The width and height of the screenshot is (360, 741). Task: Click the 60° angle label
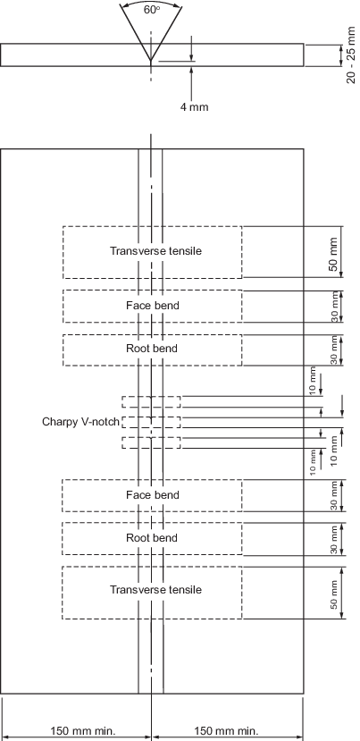pos(152,10)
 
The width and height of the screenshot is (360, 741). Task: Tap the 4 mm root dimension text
pos(194,106)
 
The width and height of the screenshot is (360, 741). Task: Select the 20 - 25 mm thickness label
pos(350,55)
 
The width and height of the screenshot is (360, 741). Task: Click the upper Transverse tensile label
pos(155,250)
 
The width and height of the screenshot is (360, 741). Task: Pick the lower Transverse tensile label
pos(155,590)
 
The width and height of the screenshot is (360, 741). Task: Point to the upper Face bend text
pos(153,306)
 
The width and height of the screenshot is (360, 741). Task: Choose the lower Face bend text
pos(153,495)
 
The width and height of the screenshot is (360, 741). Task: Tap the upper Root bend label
pos(152,349)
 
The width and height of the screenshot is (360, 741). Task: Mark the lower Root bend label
pos(152,538)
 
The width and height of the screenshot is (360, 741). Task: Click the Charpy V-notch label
pos(80,422)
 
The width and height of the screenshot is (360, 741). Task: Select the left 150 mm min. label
pos(83,730)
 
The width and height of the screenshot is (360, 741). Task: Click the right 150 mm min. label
pos(226,730)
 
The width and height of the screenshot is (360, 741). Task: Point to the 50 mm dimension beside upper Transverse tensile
pos(333,254)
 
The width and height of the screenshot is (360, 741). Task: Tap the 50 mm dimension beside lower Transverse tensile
pos(334,594)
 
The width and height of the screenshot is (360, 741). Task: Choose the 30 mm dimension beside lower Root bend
pos(334,540)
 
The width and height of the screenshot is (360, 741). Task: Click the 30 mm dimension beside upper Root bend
pos(334,350)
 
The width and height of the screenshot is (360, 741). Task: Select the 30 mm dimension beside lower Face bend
pos(334,496)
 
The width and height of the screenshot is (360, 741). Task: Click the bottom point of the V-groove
pos(151,61)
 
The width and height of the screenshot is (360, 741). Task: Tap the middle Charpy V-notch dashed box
pos(151,422)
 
